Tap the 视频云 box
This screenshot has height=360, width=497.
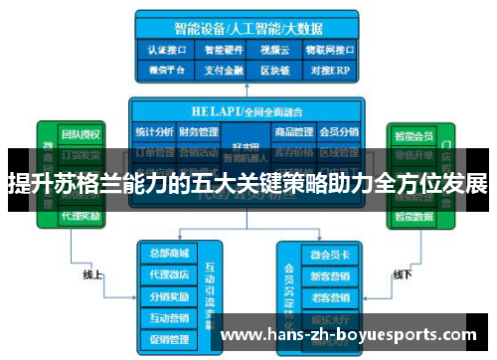[x=272, y=47]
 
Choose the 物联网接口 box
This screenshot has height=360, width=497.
[x=328, y=47]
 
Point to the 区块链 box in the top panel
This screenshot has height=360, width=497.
[x=272, y=70]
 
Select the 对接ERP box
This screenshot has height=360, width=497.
[x=328, y=70]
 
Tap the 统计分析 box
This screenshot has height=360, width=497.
[x=154, y=132]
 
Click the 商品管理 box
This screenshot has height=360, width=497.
[x=294, y=132]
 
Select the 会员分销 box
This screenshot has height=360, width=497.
[x=339, y=132]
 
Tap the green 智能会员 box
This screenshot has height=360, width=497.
[x=414, y=134]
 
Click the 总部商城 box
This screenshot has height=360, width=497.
[x=166, y=253]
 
